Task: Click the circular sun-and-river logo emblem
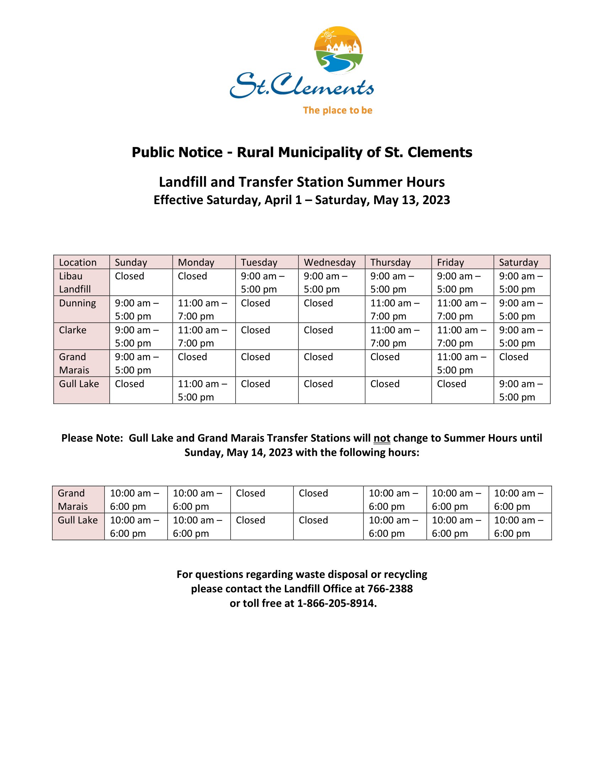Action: [x=338, y=50]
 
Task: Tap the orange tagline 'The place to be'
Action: [x=338, y=110]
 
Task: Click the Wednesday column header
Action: [x=330, y=262]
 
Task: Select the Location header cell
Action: [x=78, y=262]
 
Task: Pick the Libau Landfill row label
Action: [x=75, y=282]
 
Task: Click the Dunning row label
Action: [x=77, y=303]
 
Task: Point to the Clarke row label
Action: [x=72, y=330]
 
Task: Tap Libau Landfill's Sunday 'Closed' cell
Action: [x=130, y=276]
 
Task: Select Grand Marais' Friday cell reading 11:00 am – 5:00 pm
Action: [x=461, y=363]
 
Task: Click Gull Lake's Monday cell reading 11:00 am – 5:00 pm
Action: [x=202, y=390]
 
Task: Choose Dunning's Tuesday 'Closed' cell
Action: [x=255, y=303]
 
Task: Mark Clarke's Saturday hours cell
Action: [x=521, y=336]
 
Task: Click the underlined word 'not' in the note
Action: [x=382, y=438]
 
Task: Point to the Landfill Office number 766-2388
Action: [x=390, y=589]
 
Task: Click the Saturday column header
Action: [x=518, y=262]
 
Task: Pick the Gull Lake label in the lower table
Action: [x=78, y=520]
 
